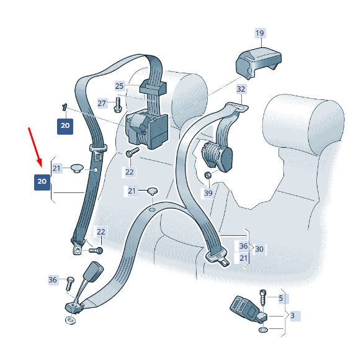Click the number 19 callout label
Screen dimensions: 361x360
click(260, 33)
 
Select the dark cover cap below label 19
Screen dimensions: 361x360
click(259, 62)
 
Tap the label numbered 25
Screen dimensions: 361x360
click(120, 86)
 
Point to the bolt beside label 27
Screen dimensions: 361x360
click(117, 104)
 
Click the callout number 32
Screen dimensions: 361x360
click(241, 89)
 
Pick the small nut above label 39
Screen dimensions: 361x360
click(208, 175)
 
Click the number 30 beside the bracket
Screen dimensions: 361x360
click(259, 249)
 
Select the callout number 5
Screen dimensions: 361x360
click(281, 299)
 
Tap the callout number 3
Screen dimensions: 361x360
click(293, 315)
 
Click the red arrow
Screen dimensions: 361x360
click(35, 147)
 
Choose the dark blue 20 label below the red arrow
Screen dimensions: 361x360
click(42, 182)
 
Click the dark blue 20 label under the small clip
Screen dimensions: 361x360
click(65, 127)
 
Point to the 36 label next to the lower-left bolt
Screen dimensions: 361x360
click(53, 280)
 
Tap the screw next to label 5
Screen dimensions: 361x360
click(263, 298)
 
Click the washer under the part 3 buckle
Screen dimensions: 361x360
click(264, 330)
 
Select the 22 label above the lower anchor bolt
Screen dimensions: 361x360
click(101, 232)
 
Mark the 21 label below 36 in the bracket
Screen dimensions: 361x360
click(244, 258)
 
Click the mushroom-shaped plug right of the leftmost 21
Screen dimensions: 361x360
click(77, 168)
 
